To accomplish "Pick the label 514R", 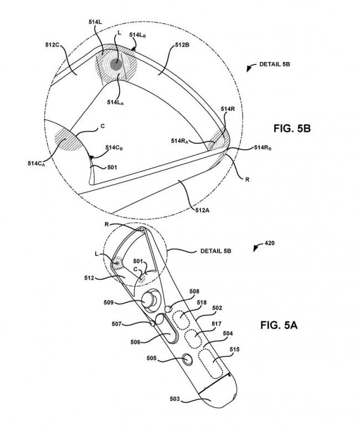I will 228,110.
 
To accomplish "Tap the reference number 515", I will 234,350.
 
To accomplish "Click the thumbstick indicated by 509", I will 148,301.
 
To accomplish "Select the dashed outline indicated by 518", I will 181,320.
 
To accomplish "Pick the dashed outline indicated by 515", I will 212,362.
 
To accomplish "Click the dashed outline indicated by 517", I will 194,337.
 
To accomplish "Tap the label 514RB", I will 262,148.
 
